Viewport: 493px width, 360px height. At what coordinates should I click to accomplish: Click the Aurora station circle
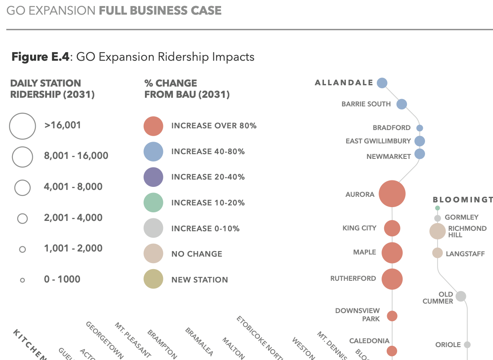[x=392, y=194]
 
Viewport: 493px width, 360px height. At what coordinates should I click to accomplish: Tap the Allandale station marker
[x=382, y=83]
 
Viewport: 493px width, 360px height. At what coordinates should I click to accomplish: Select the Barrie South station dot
[x=401, y=104]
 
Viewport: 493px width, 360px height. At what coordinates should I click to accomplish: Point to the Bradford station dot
[x=420, y=128]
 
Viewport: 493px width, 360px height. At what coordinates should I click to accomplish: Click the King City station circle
[x=392, y=228]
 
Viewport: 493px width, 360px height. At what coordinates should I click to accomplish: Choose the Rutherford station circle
[x=392, y=279]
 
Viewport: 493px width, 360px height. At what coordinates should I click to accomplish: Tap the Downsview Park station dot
[x=392, y=316]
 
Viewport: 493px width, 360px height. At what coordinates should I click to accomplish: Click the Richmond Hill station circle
[x=438, y=231]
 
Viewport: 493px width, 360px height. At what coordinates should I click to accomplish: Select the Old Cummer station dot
[x=461, y=296]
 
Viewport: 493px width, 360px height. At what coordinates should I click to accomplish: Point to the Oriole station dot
[x=467, y=344]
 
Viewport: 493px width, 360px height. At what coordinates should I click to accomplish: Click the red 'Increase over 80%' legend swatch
[x=153, y=126]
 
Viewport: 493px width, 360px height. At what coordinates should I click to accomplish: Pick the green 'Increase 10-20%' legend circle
[x=153, y=203]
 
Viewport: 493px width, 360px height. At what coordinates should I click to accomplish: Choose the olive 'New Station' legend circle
[x=153, y=279]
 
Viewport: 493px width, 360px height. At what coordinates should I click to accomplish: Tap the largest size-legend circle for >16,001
[x=22, y=126]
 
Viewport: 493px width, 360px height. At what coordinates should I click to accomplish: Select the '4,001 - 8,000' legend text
[x=73, y=187]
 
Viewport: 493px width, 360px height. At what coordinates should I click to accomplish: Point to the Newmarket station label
[x=388, y=157]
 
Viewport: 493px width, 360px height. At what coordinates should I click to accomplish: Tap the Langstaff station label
[x=465, y=254]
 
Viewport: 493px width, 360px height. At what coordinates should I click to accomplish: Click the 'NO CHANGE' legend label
[x=197, y=254]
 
